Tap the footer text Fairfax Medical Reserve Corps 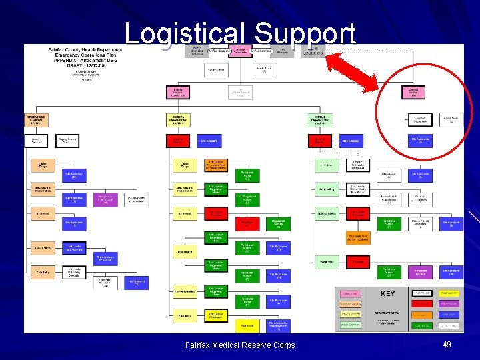(240, 345)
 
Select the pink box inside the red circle (413, 92)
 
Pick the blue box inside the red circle (420, 141)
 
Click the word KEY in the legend (387, 294)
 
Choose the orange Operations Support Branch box (37, 120)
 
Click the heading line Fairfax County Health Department (85, 49)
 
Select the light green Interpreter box (327, 261)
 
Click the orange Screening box (41, 214)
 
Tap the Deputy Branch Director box (67, 141)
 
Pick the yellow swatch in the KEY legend (422, 315)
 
